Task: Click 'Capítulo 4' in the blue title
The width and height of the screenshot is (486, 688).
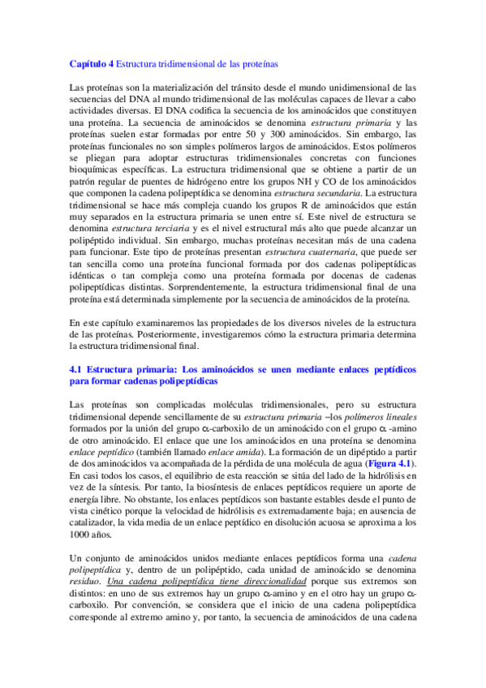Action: [x=91, y=62]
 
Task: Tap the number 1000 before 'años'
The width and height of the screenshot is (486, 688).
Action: [x=81, y=513]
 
